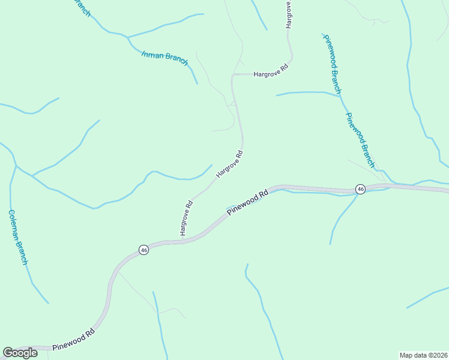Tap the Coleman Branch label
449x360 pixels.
[17, 236]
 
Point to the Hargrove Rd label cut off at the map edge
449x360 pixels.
[289, 14]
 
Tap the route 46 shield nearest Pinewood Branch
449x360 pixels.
[360, 189]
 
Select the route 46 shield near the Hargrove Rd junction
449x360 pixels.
[143, 250]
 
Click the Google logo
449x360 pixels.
[20, 353]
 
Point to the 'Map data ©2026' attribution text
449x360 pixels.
[423, 355]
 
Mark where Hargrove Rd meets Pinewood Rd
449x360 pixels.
[181, 241]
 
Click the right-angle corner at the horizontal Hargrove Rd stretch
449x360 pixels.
[233, 75]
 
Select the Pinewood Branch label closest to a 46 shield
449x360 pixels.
[360, 140]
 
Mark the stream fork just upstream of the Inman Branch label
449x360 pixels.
[127, 37]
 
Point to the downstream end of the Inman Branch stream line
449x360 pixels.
[197, 83]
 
